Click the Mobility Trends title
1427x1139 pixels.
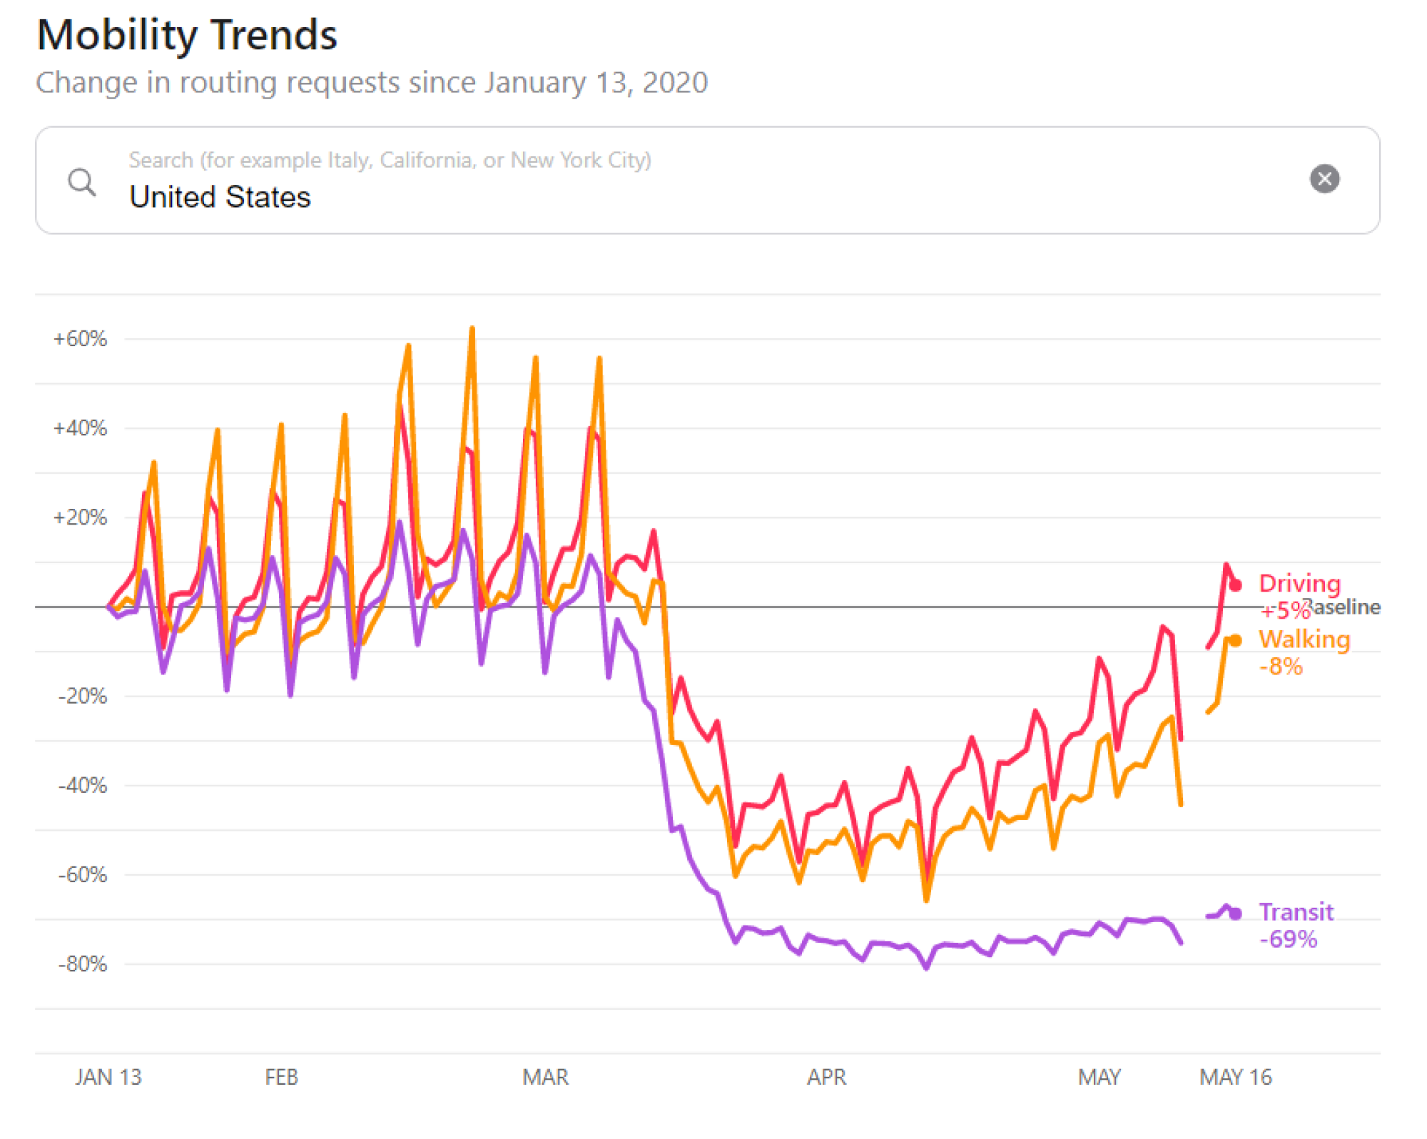coord(187,35)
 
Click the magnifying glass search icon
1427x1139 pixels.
coord(82,182)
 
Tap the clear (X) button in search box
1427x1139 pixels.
coord(1324,178)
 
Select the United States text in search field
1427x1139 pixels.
coord(220,197)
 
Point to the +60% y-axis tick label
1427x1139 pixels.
coord(80,338)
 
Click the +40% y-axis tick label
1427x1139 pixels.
coord(80,428)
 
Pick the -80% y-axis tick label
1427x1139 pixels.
coord(83,964)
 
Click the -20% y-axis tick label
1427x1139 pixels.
coord(83,696)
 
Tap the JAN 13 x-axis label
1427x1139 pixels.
coord(108,1076)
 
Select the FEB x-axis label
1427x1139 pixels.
coord(281,1076)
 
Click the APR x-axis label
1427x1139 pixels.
coord(826,1076)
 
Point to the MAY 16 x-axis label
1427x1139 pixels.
coord(1235,1076)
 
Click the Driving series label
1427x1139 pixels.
coord(1299,583)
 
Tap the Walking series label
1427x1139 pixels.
coord(1304,639)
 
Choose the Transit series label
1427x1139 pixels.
coord(1296,912)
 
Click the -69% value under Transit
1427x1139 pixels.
coord(1288,939)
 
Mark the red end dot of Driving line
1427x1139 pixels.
coord(1236,585)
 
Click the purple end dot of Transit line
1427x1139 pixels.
coord(1236,913)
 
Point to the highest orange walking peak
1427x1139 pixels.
coord(472,330)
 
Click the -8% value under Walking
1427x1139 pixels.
coord(1281,667)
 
